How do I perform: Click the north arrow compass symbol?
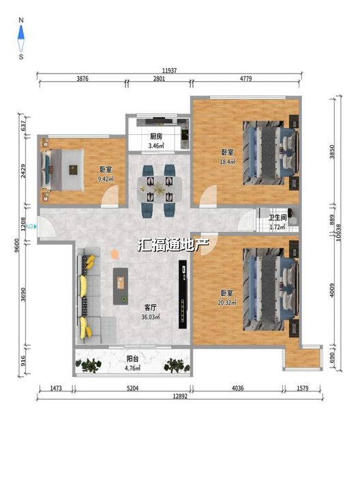click(21, 39)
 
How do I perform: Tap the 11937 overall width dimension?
click(169, 70)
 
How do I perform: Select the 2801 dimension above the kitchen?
click(159, 78)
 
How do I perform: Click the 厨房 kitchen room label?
click(156, 136)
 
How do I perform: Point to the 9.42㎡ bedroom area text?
click(106, 179)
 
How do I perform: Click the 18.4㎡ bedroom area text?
click(227, 162)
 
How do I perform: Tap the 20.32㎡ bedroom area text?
click(227, 303)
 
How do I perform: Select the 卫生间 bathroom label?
click(277, 217)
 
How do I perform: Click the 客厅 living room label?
click(150, 307)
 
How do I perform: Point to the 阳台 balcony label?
click(132, 359)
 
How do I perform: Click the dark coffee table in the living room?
click(121, 286)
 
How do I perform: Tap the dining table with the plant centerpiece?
click(159, 189)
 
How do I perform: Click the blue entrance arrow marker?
click(35, 227)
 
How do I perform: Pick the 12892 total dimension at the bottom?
click(180, 396)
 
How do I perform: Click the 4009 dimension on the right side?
click(332, 290)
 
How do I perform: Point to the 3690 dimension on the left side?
click(23, 294)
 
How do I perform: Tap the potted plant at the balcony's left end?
click(89, 365)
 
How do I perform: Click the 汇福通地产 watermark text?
click(173, 245)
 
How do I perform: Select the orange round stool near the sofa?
click(114, 254)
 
